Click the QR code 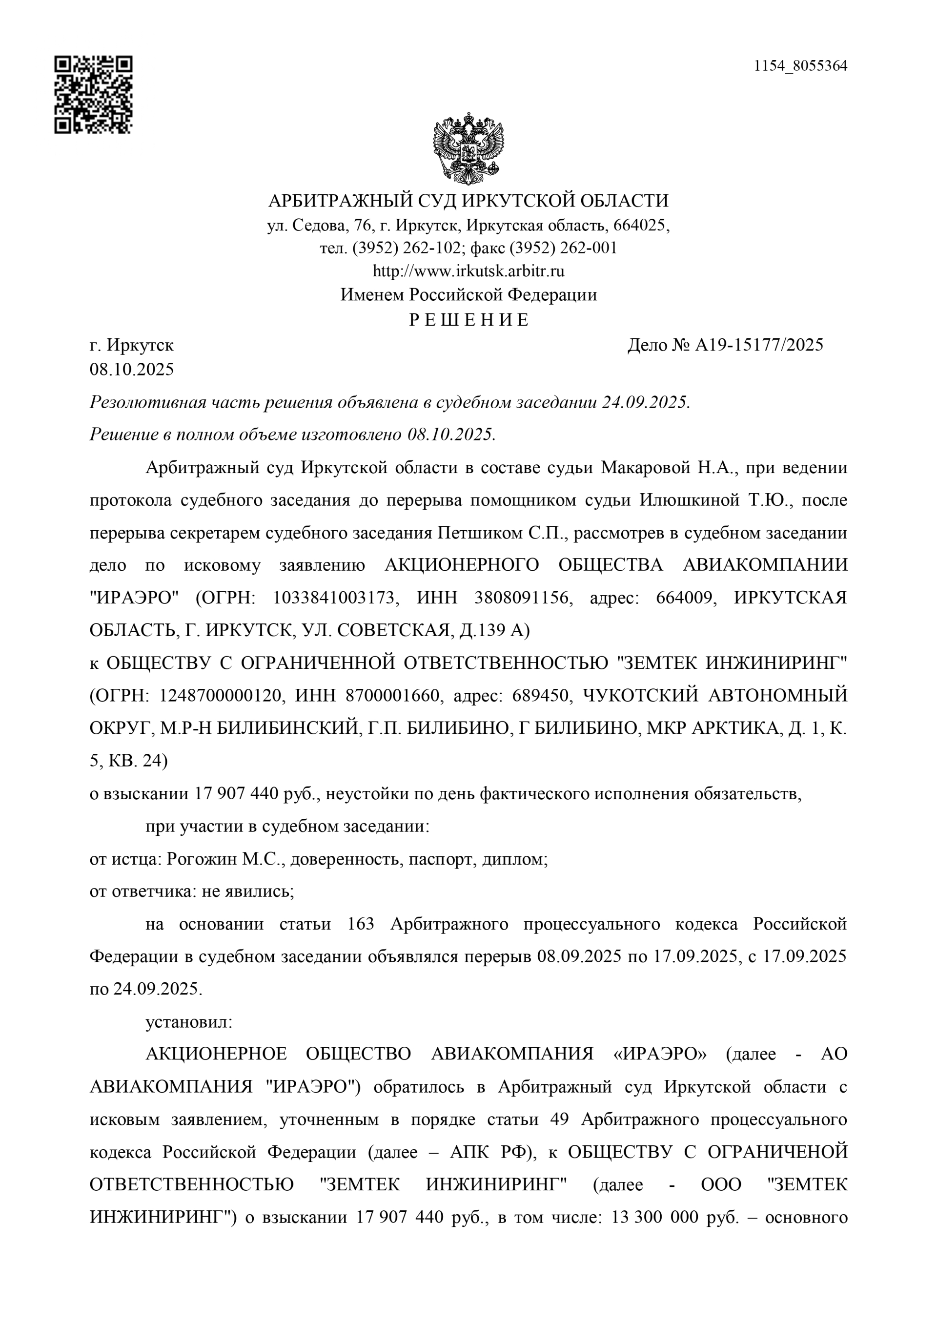pos(94,95)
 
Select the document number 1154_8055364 pos(800,66)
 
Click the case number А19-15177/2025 pos(759,345)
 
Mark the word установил pos(189,1023)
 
